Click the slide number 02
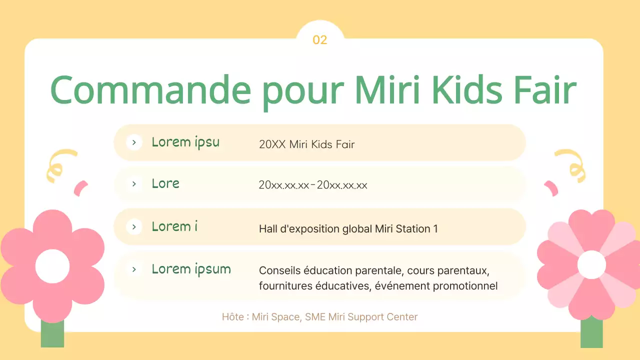[x=319, y=40]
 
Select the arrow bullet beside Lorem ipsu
[x=134, y=142]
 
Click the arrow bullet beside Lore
[x=134, y=184]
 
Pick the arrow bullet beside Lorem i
[x=134, y=227]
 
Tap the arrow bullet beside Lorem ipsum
[x=134, y=269]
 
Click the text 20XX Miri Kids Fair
[x=306, y=144]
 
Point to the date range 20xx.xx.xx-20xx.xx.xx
[x=313, y=185]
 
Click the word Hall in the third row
[x=268, y=229]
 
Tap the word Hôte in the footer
[x=233, y=316]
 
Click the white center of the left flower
[x=52, y=265]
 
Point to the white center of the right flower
[x=591, y=264]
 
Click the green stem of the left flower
[x=52, y=334]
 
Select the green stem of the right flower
[x=591, y=332]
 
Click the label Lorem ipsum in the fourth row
[x=191, y=269]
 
